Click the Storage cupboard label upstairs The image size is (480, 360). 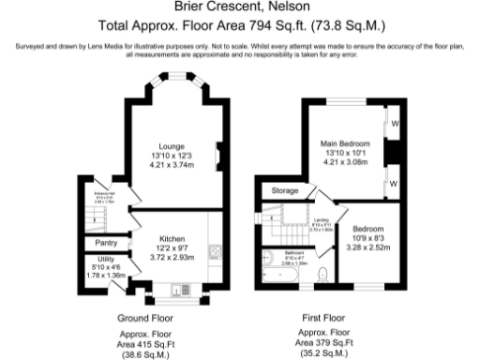click(x=284, y=191)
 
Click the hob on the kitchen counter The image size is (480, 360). click(x=214, y=251)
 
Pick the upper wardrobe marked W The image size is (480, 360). click(x=395, y=122)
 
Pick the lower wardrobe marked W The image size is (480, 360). click(x=395, y=181)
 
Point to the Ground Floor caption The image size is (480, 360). click(x=145, y=318)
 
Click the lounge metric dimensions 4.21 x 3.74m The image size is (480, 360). click(x=172, y=163)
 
